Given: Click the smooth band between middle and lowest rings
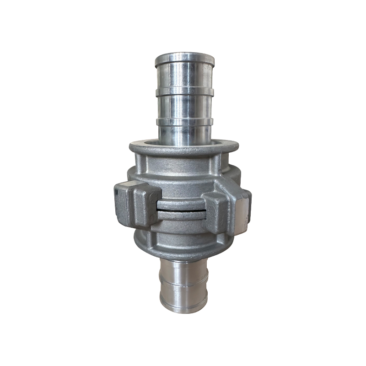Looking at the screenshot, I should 185,107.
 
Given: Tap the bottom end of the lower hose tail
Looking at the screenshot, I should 183,304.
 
